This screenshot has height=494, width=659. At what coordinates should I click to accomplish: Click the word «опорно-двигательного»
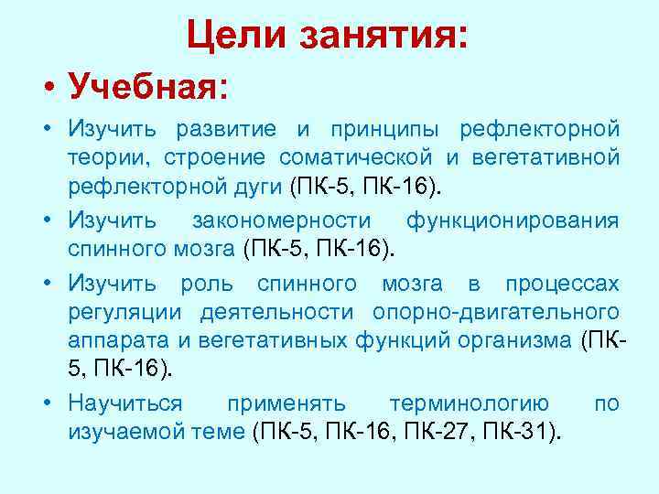(x=495, y=312)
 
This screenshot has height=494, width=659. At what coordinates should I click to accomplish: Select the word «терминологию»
(x=470, y=403)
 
